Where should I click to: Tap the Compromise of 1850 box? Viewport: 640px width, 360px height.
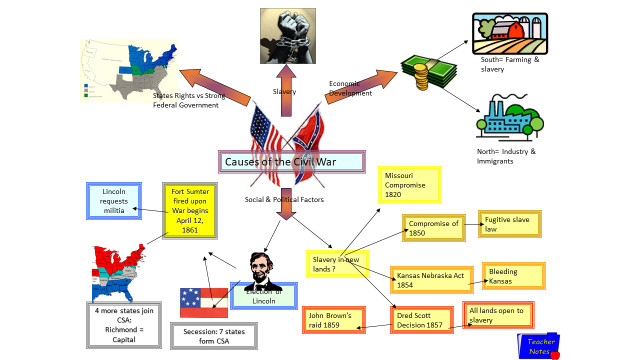coord(435,228)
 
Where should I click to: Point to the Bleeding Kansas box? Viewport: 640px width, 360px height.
coord(514,275)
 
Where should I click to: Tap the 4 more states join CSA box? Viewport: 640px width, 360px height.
coord(124,326)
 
